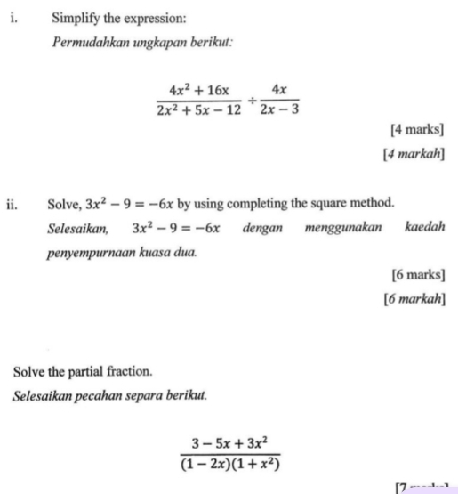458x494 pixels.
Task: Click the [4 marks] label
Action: point(418,132)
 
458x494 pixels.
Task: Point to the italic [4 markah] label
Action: point(414,155)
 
